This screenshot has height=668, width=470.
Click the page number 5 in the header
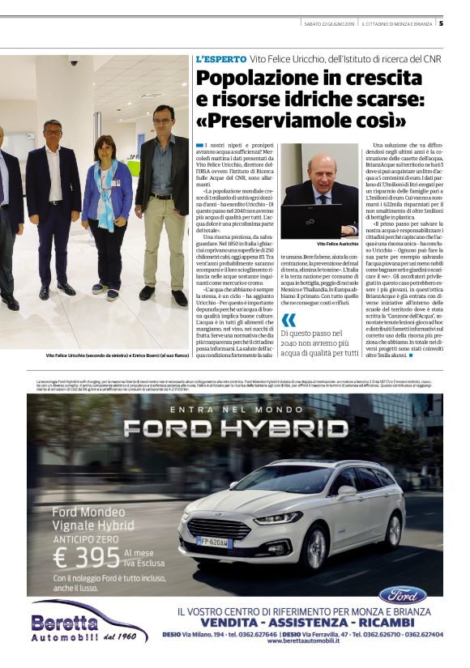(452, 23)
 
